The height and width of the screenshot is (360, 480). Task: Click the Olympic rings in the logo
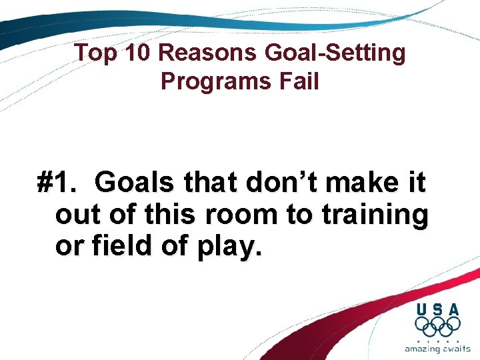click(x=437, y=326)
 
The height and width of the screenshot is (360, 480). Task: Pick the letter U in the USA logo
click(x=422, y=309)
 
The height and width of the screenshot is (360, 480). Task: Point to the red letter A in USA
click(x=453, y=309)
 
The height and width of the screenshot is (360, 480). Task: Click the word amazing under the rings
click(x=423, y=349)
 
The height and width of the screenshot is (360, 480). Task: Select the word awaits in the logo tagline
click(x=457, y=349)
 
